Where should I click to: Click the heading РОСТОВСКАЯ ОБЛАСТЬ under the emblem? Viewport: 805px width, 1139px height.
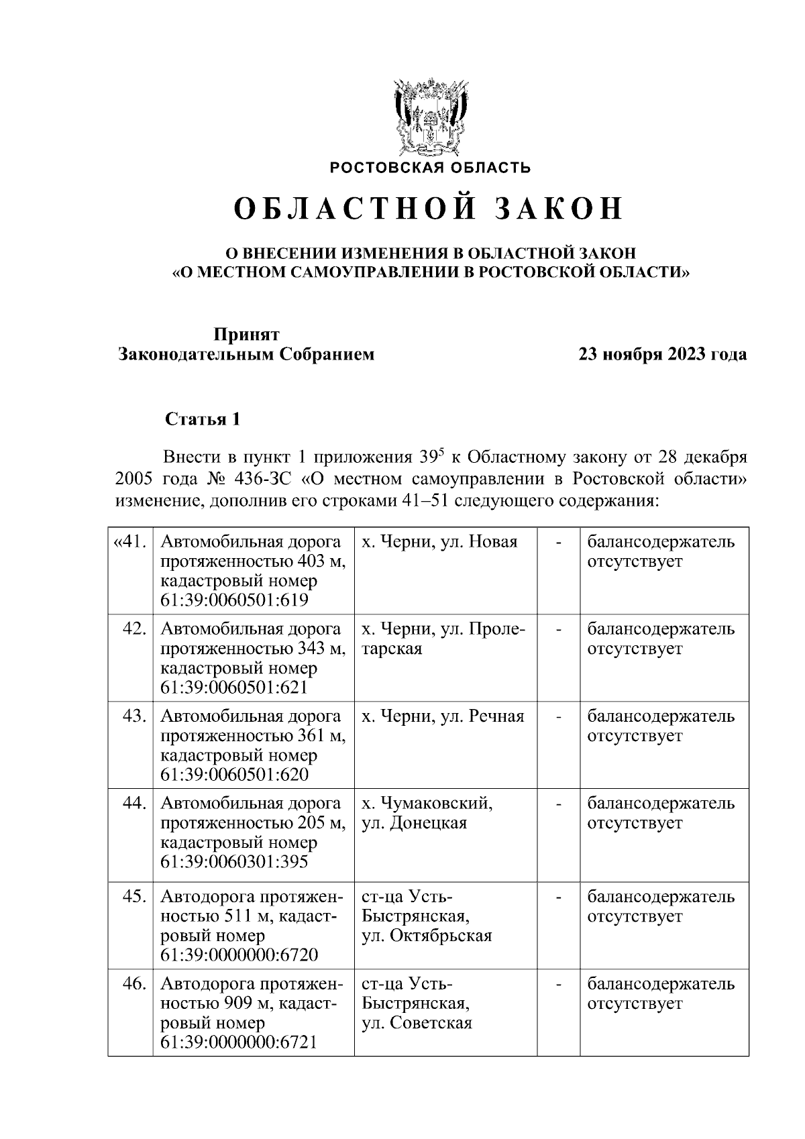pyautogui.click(x=430, y=168)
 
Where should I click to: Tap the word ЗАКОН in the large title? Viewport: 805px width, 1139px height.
pyautogui.click(x=559, y=209)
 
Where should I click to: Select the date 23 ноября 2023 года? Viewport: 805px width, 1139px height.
pyautogui.click(x=663, y=354)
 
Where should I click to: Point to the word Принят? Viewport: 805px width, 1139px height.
pyautogui.click(x=246, y=334)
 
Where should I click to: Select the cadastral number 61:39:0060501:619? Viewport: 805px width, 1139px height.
pyautogui.click(x=234, y=600)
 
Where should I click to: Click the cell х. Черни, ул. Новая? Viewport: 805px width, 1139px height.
pyautogui.click(x=439, y=541)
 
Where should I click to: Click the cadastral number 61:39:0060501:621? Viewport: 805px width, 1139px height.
pyautogui.click(x=234, y=688)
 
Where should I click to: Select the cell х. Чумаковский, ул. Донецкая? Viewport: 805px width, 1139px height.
pyautogui.click(x=427, y=813)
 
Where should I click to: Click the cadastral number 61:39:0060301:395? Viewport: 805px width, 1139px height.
pyautogui.click(x=234, y=861)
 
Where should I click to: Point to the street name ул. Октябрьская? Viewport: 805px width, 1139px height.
pyautogui.click(x=427, y=935)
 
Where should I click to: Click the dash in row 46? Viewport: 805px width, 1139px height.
pyautogui.click(x=558, y=984)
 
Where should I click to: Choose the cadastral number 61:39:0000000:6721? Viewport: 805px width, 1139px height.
pyautogui.click(x=239, y=1042)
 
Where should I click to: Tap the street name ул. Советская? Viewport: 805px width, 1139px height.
pyautogui.click(x=417, y=1022)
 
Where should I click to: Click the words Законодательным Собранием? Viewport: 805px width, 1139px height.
pyautogui.click(x=246, y=354)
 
